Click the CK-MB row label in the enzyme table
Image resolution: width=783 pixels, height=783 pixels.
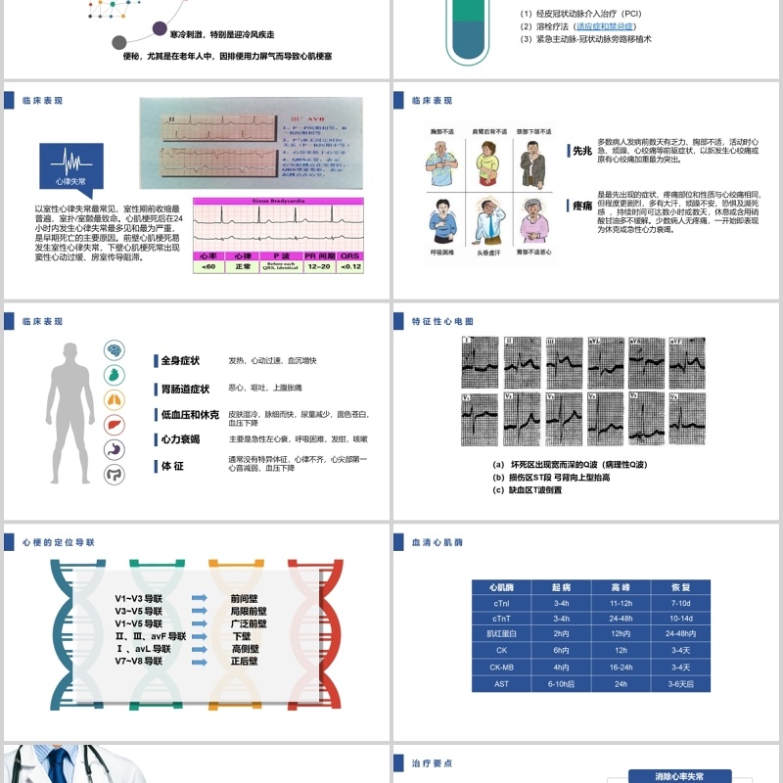click(501, 667)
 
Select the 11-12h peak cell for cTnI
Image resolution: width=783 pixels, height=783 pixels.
click(621, 604)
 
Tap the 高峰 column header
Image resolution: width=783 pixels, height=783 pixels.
click(621, 587)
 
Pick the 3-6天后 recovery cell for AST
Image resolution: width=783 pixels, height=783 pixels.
click(680, 683)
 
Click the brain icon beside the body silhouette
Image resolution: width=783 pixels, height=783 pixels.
click(115, 349)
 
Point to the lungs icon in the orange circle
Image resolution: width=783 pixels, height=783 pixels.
click(115, 399)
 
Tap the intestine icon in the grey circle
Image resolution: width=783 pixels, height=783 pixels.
click(115, 474)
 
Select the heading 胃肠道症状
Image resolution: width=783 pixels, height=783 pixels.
click(185, 389)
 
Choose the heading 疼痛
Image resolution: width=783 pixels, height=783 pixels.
click(582, 206)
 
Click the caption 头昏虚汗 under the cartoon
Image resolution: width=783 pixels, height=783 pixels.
click(489, 252)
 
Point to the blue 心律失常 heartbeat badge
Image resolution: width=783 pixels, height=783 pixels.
click(70, 166)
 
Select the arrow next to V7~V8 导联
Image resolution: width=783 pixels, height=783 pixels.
click(199, 661)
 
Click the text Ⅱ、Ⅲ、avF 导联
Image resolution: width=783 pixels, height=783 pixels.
click(150, 635)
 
